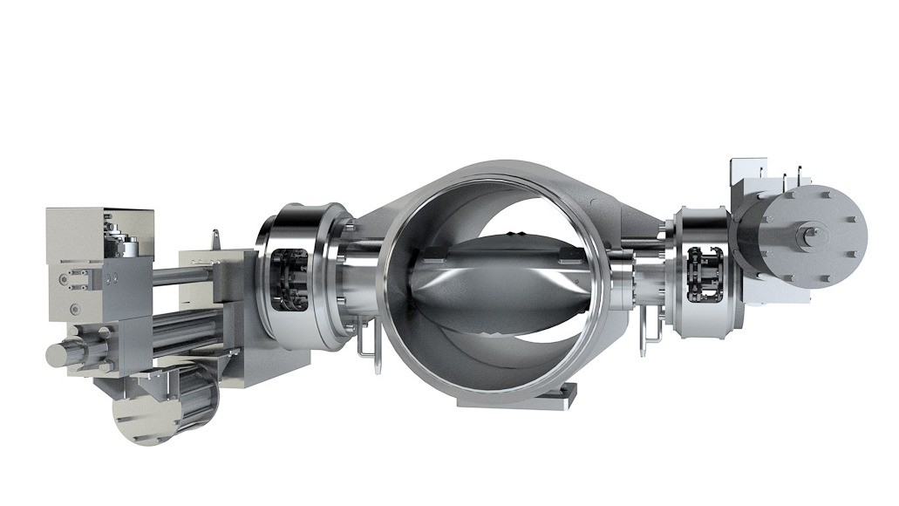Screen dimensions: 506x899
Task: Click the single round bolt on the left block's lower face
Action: (74, 307)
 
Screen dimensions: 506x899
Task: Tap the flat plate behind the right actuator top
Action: (746, 170)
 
